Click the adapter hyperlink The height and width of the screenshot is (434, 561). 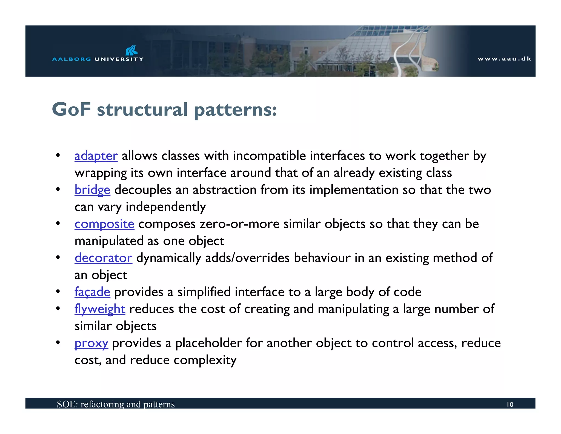tap(96, 156)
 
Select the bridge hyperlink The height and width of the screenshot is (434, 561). tap(92, 190)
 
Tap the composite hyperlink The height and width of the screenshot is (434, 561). tap(104, 224)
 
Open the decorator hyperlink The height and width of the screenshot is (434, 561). tap(103, 258)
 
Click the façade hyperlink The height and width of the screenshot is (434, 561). tap(92, 292)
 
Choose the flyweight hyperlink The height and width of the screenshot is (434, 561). tap(100, 309)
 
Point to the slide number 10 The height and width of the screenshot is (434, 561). tap(510, 404)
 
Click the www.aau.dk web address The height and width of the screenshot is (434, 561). tap(504, 59)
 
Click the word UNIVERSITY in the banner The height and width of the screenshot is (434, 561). tap(119, 59)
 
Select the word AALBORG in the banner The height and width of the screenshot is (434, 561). tap(71, 59)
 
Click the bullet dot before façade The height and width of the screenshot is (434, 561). tap(58, 292)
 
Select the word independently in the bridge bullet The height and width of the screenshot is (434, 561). tap(165, 207)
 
